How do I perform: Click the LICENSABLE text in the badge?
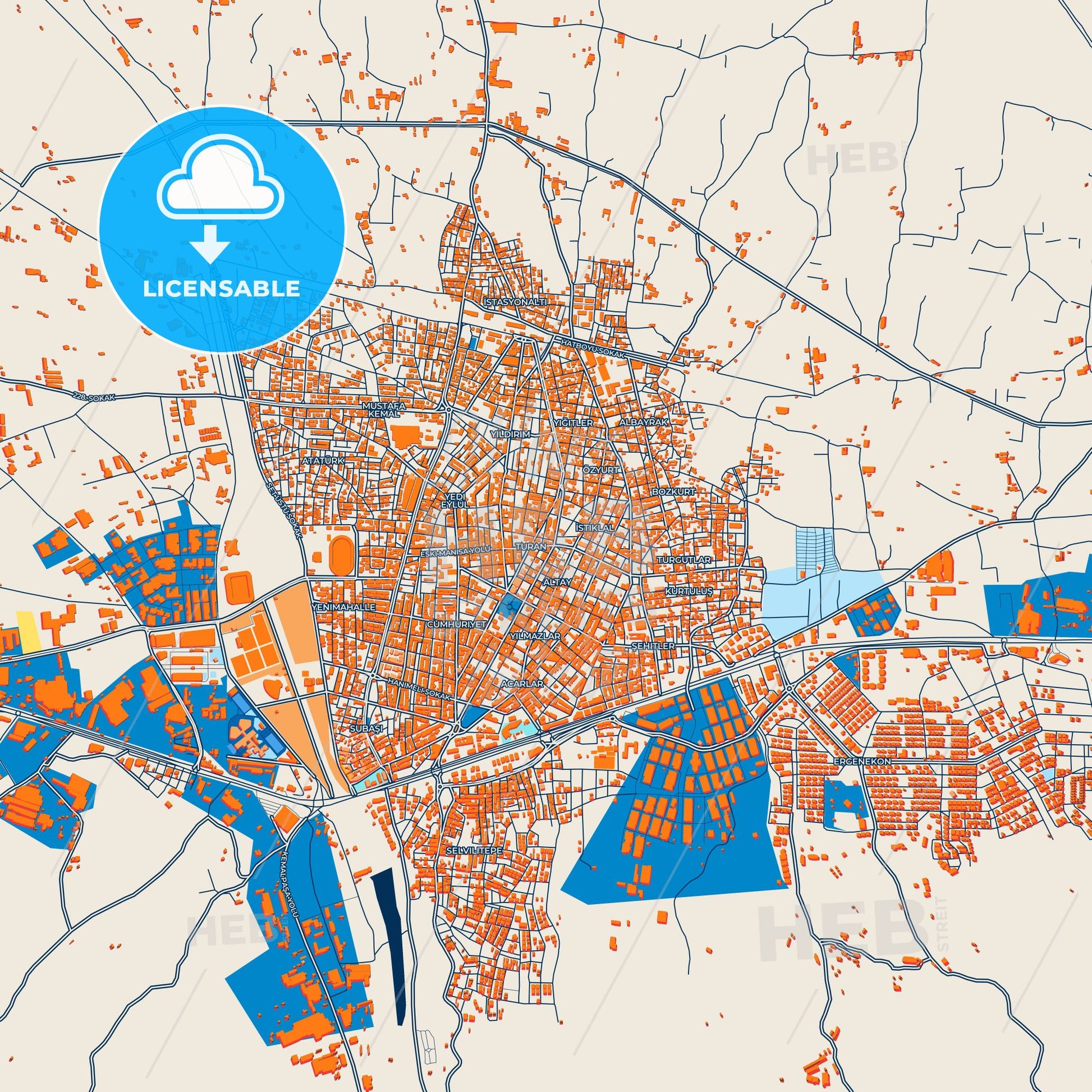point(222,288)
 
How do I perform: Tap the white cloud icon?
point(222,189)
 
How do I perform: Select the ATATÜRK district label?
point(323,461)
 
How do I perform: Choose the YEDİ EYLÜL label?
point(455,499)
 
